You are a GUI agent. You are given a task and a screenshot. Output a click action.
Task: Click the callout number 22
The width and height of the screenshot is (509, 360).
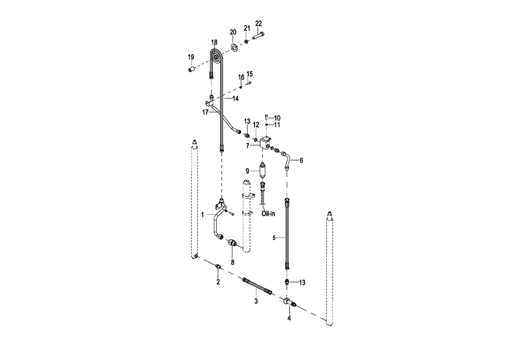(x=259, y=23)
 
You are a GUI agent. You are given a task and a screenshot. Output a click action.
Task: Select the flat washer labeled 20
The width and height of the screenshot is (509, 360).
(x=234, y=45)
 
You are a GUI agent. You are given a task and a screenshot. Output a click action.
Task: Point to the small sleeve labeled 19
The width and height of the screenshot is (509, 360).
(x=192, y=69)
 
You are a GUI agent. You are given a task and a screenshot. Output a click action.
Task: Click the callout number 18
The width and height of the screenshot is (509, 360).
(x=214, y=42)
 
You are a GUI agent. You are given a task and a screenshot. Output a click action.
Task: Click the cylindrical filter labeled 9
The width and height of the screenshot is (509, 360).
(x=262, y=169)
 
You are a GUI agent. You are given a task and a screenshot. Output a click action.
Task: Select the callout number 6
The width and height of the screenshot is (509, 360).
(x=301, y=161)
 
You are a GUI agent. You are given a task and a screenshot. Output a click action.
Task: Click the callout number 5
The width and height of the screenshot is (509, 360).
(x=274, y=238)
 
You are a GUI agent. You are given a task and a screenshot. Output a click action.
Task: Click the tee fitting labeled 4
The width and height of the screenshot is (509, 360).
(x=288, y=303)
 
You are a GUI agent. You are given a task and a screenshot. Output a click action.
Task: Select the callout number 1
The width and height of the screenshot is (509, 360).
(x=203, y=215)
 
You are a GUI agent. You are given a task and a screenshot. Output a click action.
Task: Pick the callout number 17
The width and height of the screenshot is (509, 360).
(x=205, y=113)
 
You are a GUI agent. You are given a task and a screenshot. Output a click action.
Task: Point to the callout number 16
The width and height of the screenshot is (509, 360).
(x=240, y=77)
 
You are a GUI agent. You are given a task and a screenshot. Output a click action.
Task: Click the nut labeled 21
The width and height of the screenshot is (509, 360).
(x=247, y=41)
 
